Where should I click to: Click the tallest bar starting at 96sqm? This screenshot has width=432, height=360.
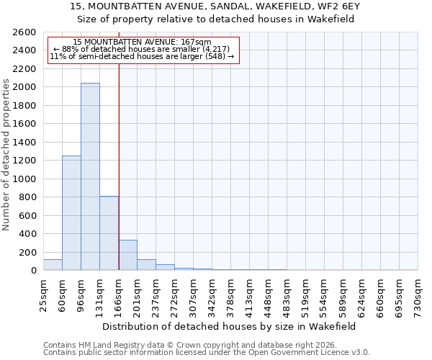tap(90, 176)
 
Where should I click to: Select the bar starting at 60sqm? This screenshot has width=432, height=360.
tap(71, 213)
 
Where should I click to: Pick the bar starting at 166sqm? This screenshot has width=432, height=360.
tap(127, 255)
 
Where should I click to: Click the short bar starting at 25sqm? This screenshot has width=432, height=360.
tap(53, 265)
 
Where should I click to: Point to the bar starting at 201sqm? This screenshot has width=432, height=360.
tap(146, 265)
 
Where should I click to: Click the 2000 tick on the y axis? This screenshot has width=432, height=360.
tap(27, 87)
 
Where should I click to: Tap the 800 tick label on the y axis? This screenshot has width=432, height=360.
tap(29, 197)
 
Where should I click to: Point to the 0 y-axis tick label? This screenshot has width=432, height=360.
tap(34, 271)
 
